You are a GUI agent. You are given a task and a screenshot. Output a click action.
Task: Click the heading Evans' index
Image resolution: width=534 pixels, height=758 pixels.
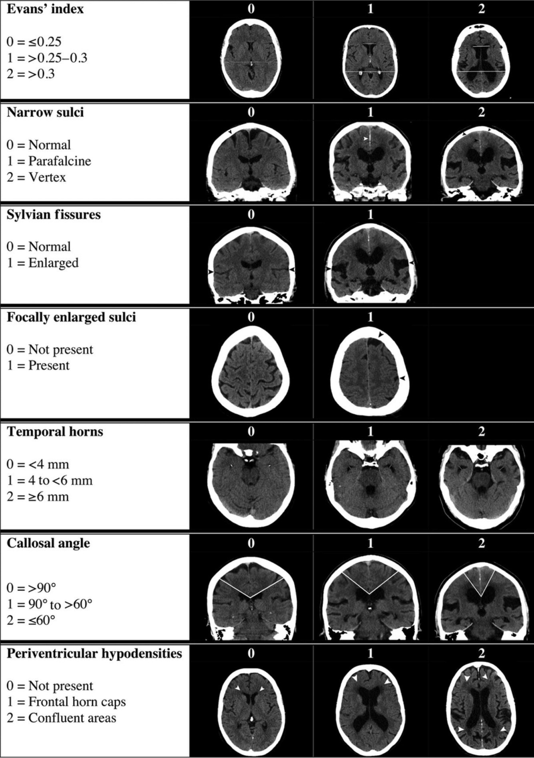click(x=45, y=9)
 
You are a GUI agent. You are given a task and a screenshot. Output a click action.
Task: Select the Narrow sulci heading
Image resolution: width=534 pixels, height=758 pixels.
click(x=45, y=112)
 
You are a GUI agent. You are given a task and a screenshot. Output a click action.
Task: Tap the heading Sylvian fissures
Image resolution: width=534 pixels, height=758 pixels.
click(x=54, y=215)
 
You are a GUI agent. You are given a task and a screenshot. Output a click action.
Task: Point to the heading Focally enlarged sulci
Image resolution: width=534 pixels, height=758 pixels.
click(x=71, y=317)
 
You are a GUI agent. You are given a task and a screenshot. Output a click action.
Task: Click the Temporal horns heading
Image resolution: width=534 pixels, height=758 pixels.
click(x=55, y=432)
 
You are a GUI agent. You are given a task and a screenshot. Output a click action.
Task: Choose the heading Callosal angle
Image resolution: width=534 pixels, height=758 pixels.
click(x=48, y=543)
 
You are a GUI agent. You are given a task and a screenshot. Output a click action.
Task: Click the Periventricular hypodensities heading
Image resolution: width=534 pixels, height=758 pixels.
click(x=94, y=654)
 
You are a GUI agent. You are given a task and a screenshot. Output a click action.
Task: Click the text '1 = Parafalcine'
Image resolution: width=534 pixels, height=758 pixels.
click(x=49, y=161)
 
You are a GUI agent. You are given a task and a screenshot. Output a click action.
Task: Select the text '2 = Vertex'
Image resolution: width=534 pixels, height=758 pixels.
click(x=36, y=177)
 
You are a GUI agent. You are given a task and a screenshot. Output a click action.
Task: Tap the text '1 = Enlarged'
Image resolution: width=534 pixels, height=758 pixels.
click(x=42, y=263)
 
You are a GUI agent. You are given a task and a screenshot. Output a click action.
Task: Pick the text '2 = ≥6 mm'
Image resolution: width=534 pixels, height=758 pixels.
click(x=38, y=497)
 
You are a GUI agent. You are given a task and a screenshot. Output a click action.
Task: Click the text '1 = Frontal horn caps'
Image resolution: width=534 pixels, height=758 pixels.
click(x=66, y=702)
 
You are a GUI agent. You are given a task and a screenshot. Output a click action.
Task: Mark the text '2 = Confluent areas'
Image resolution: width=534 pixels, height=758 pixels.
click(x=61, y=718)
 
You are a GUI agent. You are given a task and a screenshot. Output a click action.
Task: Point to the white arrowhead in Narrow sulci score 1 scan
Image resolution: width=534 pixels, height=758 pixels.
click(x=365, y=138)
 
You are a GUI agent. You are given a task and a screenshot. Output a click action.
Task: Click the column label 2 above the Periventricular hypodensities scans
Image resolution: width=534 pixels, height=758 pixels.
click(x=481, y=654)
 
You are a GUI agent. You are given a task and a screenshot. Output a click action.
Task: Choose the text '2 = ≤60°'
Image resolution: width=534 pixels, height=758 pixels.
click(x=31, y=620)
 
